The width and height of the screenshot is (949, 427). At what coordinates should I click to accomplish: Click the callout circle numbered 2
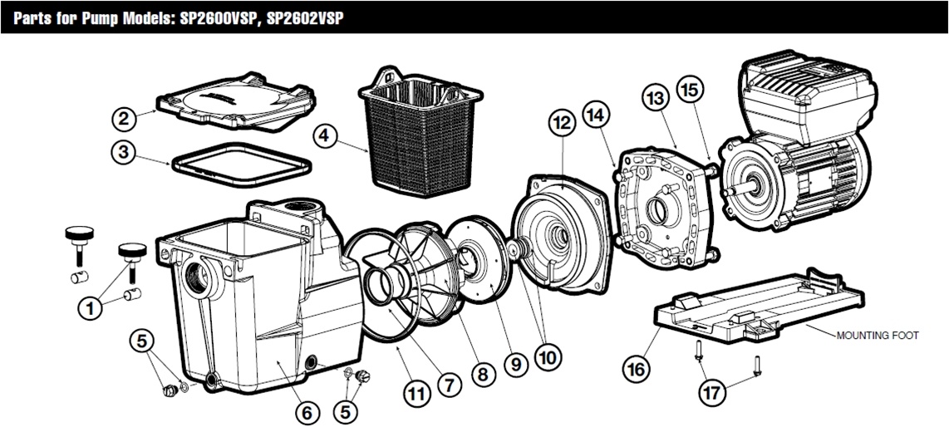point(124,119)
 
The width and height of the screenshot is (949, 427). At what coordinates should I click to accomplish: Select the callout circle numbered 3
point(124,153)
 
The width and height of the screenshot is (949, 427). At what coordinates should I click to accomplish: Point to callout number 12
point(561,124)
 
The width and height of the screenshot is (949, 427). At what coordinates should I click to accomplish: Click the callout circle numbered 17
point(711,390)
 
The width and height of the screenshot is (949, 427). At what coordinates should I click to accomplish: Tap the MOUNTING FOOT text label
point(878,336)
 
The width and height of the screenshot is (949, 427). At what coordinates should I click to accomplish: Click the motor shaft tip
point(725,191)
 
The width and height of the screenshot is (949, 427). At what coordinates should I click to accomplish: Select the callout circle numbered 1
point(89,308)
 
